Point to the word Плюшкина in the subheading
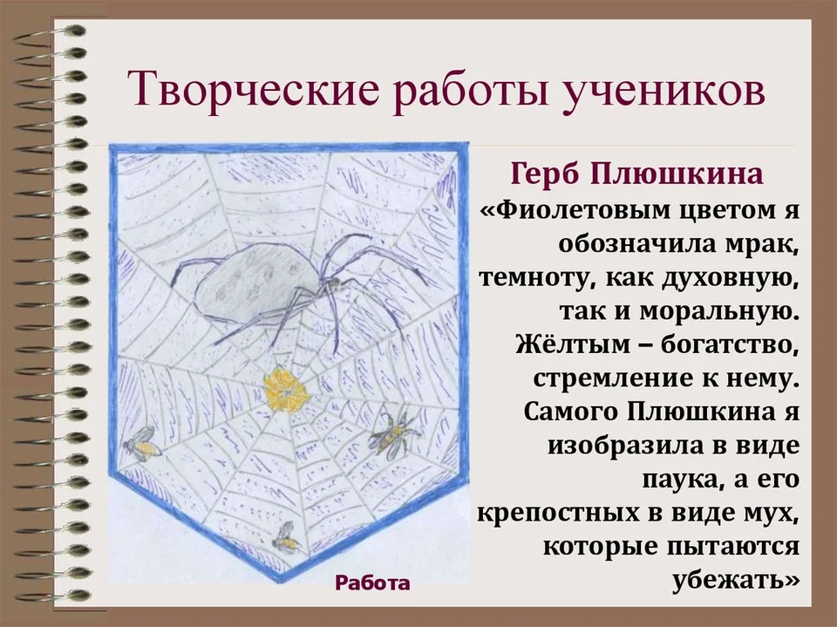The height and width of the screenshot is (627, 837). tap(678, 174)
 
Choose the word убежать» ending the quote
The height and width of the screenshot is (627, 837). tap(736, 580)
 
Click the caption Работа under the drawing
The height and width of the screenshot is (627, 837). tap(372, 583)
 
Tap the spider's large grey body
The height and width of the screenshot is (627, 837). tap(254, 279)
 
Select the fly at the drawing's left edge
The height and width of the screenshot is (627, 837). tap(142, 443)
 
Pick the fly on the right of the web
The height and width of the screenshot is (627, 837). tap(392, 433)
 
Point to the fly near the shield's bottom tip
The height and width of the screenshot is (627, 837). tap(286, 537)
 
